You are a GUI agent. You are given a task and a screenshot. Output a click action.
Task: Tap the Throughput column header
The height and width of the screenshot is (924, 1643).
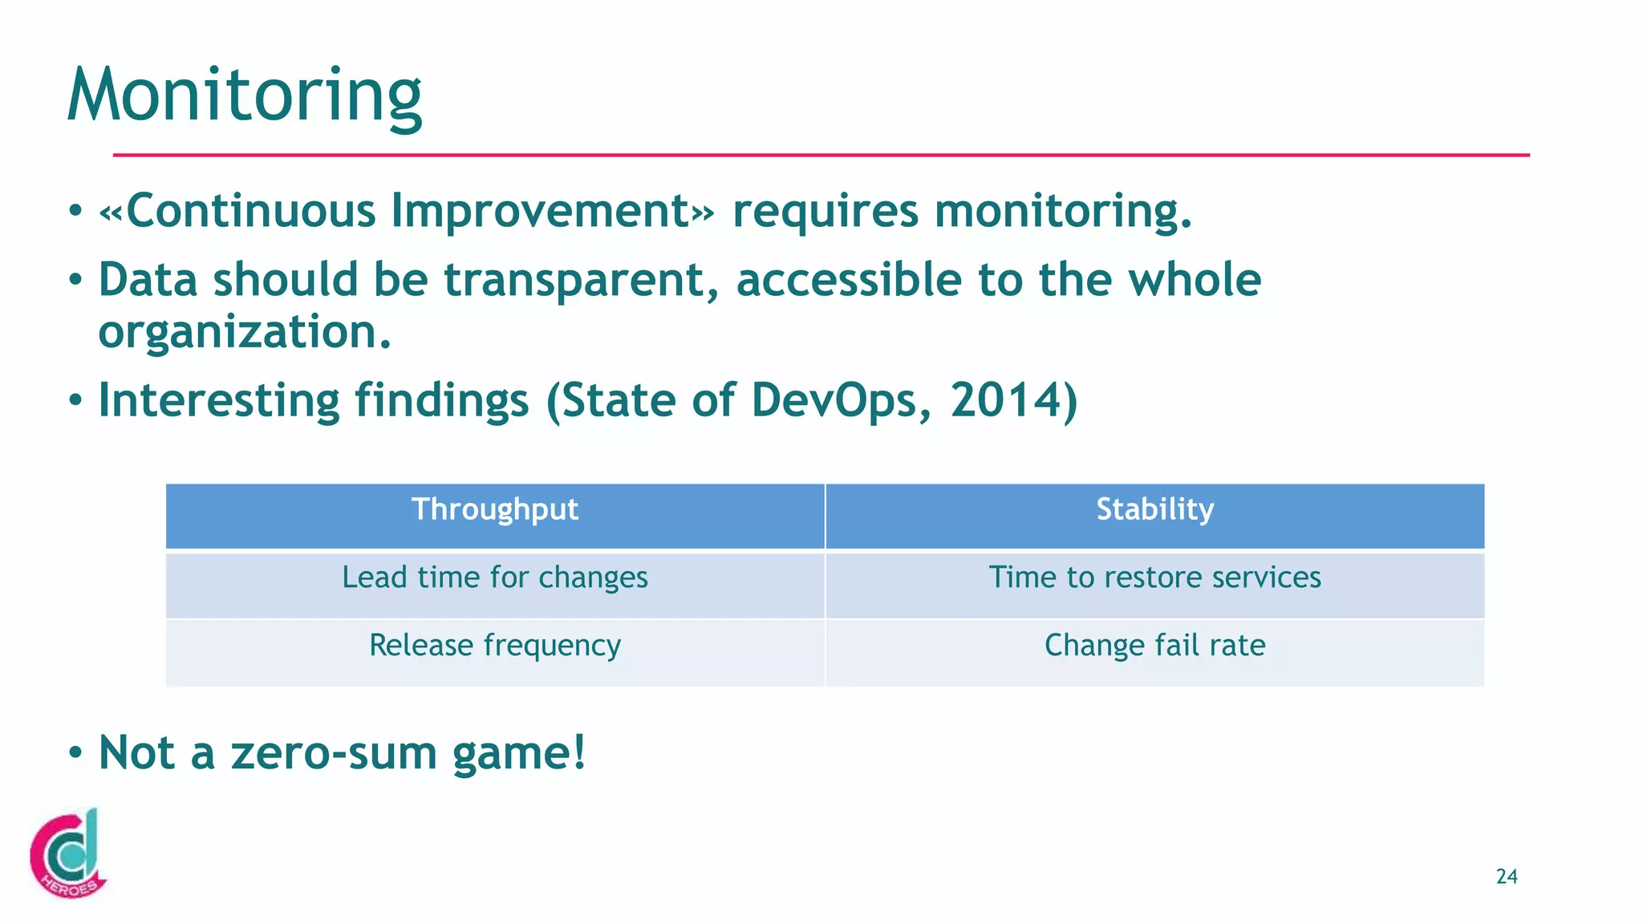pyautogui.click(x=495, y=510)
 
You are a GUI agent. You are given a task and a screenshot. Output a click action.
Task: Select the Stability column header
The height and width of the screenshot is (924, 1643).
pyautogui.click(x=1154, y=510)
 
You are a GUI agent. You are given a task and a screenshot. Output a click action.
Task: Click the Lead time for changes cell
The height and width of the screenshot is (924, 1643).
pyautogui.click(x=495, y=578)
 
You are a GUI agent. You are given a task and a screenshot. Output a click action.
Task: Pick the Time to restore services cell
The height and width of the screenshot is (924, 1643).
pyautogui.click(x=1154, y=578)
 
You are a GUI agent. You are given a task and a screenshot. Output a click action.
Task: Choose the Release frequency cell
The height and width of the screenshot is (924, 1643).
pyautogui.click(x=495, y=646)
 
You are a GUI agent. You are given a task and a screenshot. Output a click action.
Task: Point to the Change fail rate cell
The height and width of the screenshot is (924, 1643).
pyautogui.click(x=1154, y=646)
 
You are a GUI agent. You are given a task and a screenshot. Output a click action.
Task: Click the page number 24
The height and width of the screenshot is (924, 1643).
pyautogui.click(x=1507, y=877)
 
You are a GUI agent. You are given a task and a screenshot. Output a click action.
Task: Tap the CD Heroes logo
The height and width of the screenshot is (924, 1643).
pyautogui.click(x=68, y=854)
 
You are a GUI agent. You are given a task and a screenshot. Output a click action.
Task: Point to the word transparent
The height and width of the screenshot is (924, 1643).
pyautogui.click(x=582, y=280)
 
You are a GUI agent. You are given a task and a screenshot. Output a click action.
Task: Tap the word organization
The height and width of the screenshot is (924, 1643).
pyautogui.click(x=244, y=332)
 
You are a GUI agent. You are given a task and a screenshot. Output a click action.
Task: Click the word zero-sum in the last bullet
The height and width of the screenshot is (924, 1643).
pyautogui.click(x=333, y=753)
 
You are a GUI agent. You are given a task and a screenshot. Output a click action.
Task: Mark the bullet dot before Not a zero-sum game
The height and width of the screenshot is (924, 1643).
pyautogui.click(x=75, y=754)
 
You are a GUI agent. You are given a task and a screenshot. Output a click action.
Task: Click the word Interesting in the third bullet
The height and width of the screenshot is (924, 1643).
pyautogui.click(x=218, y=400)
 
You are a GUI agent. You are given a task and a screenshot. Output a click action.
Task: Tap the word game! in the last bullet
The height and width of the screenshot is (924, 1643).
pyautogui.click(x=519, y=755)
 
